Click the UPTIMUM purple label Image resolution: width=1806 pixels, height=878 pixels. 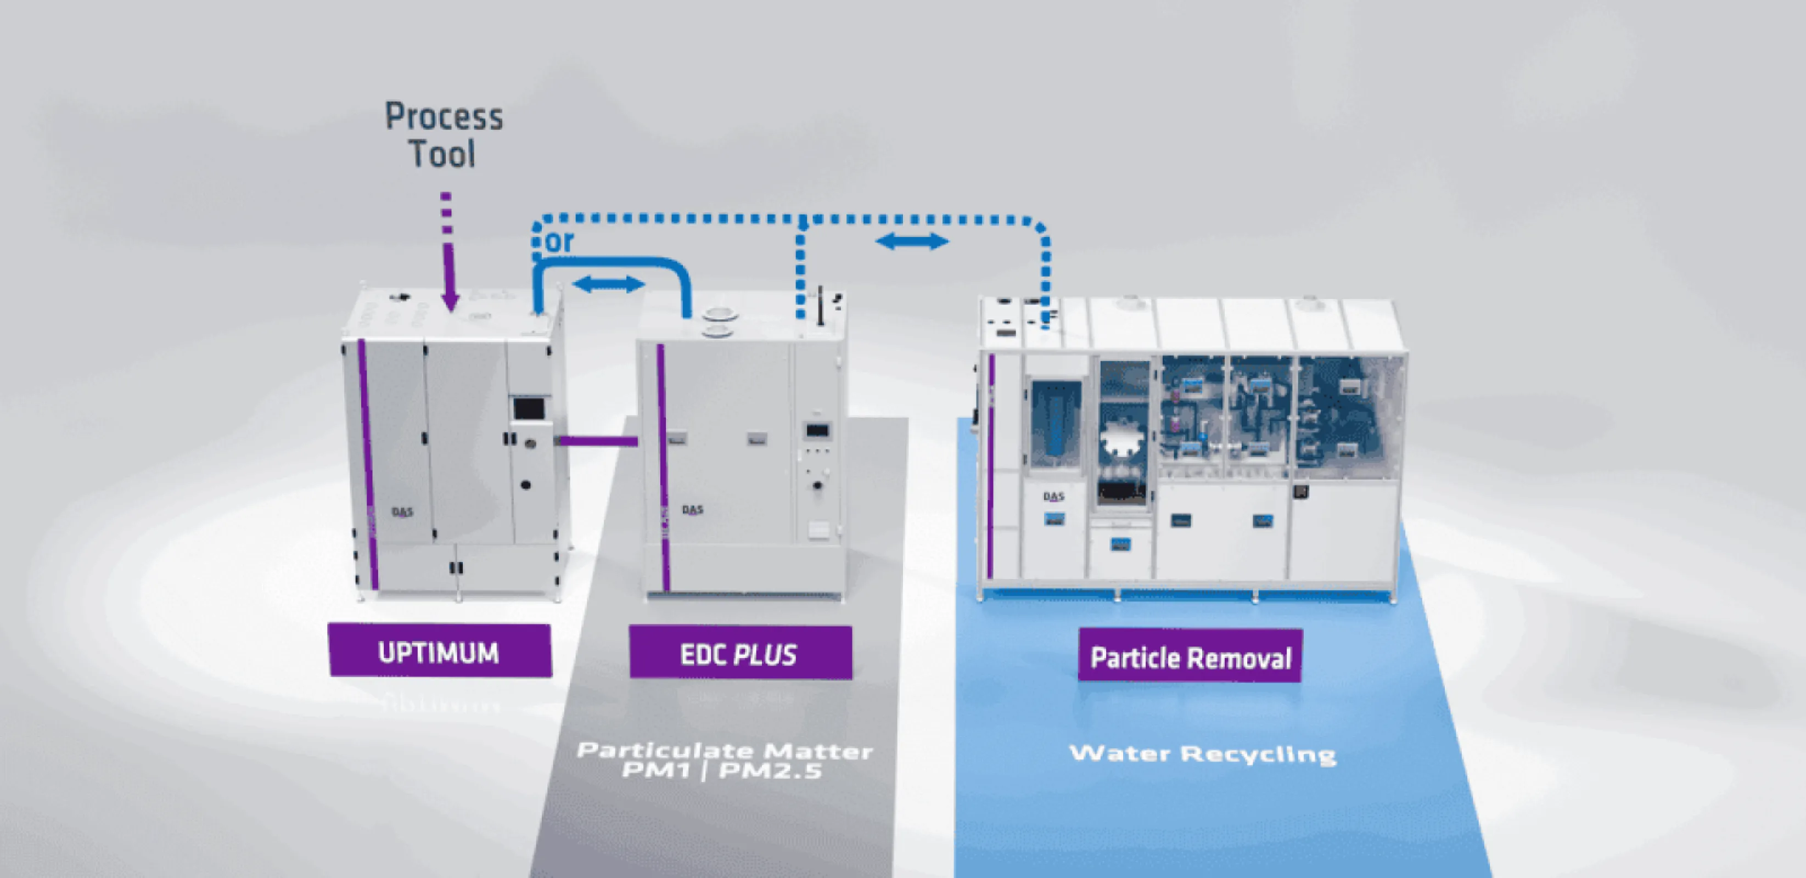click(440, 651)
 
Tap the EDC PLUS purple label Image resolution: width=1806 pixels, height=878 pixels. click(741, 654)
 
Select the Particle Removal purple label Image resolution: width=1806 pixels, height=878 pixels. click(1190, 656)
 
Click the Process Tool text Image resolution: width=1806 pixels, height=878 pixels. click(444, 134)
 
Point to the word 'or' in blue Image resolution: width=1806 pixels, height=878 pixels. click(559, 242)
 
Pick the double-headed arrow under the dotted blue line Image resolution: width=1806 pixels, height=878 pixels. click(912, 242)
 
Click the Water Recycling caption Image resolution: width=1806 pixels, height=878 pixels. click(1202, 754)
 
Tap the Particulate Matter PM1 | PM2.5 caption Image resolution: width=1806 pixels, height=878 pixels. click(724, 760)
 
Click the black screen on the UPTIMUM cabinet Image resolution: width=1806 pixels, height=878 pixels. click(529, 408)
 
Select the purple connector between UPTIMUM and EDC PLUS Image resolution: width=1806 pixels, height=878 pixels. click(597, 441)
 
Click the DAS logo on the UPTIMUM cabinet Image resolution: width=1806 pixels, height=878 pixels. click(402, 511)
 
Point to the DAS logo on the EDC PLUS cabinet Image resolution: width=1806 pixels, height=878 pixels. click(693, 509)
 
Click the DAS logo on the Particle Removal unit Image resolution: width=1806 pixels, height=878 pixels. click(1053, 496)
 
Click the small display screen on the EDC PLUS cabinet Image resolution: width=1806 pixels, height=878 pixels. click(817, 430)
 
